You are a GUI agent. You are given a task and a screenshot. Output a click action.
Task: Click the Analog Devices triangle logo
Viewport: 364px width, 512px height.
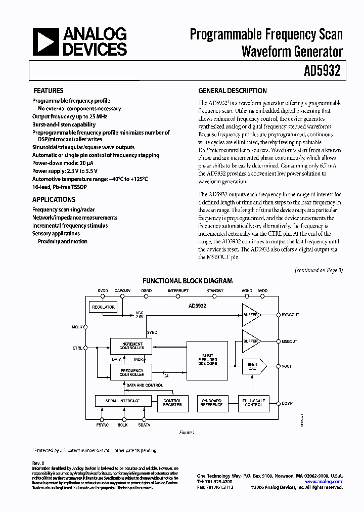pyautogui.click(x=45, y=41)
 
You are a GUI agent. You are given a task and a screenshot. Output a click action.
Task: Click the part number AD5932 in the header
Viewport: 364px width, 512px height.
pyautogui.click(x=325, y=71)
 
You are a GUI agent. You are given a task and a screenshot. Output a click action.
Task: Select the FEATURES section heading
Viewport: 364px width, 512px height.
pyautogui.click(x=48, y=91)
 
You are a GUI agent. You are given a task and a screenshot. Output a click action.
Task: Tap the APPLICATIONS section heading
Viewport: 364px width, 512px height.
pyautogui.click(x=54, y=199)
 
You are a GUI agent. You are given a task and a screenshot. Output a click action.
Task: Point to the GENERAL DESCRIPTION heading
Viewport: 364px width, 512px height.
pyautogui.click(x=233, y=91)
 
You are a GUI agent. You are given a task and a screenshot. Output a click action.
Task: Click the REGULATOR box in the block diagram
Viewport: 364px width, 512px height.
pyautogui.click(x=103, y=307)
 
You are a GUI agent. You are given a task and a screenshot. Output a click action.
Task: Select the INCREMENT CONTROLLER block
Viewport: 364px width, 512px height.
pyautogui.click(x=131, y=346)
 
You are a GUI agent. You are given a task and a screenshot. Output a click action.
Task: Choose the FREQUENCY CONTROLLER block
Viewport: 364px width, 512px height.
pyautogui.click(x=131, y=372)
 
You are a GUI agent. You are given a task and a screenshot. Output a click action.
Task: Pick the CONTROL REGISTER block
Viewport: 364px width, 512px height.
pyautogui.click(x=172, y=403)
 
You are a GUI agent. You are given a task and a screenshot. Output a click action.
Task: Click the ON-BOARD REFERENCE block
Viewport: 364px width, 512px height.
pyautogui.click(x=211, y=403)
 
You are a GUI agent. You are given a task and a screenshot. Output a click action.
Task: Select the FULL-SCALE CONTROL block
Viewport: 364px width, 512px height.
pyautogui.click(x=253, y=403)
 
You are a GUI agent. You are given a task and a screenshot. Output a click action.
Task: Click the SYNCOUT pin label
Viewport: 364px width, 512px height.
pyautogui.click(x=290, y=315)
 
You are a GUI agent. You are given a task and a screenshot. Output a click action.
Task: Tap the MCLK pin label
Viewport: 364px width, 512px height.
pyautogui.click(x=77, y=327)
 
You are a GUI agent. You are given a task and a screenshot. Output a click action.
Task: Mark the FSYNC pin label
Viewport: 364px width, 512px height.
pyautogui.click(x=103, y=425)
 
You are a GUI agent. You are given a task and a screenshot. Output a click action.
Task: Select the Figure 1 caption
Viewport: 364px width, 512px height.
pyautogui.click(x=187, y=433)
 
